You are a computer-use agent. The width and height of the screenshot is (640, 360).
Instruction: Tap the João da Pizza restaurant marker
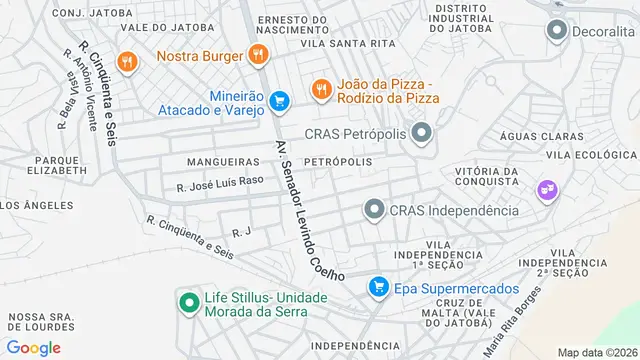(x=320, y=89)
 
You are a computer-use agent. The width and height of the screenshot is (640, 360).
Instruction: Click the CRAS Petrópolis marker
(x=422, y=132)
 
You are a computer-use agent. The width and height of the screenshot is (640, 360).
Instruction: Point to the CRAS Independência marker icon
(x=374, y=209)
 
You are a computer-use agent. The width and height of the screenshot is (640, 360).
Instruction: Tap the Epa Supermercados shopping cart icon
(x=378, y=288)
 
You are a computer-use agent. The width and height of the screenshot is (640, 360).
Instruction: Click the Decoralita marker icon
(x=556, y=31)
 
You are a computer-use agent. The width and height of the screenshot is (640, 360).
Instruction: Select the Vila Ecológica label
(x=591, y=155)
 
